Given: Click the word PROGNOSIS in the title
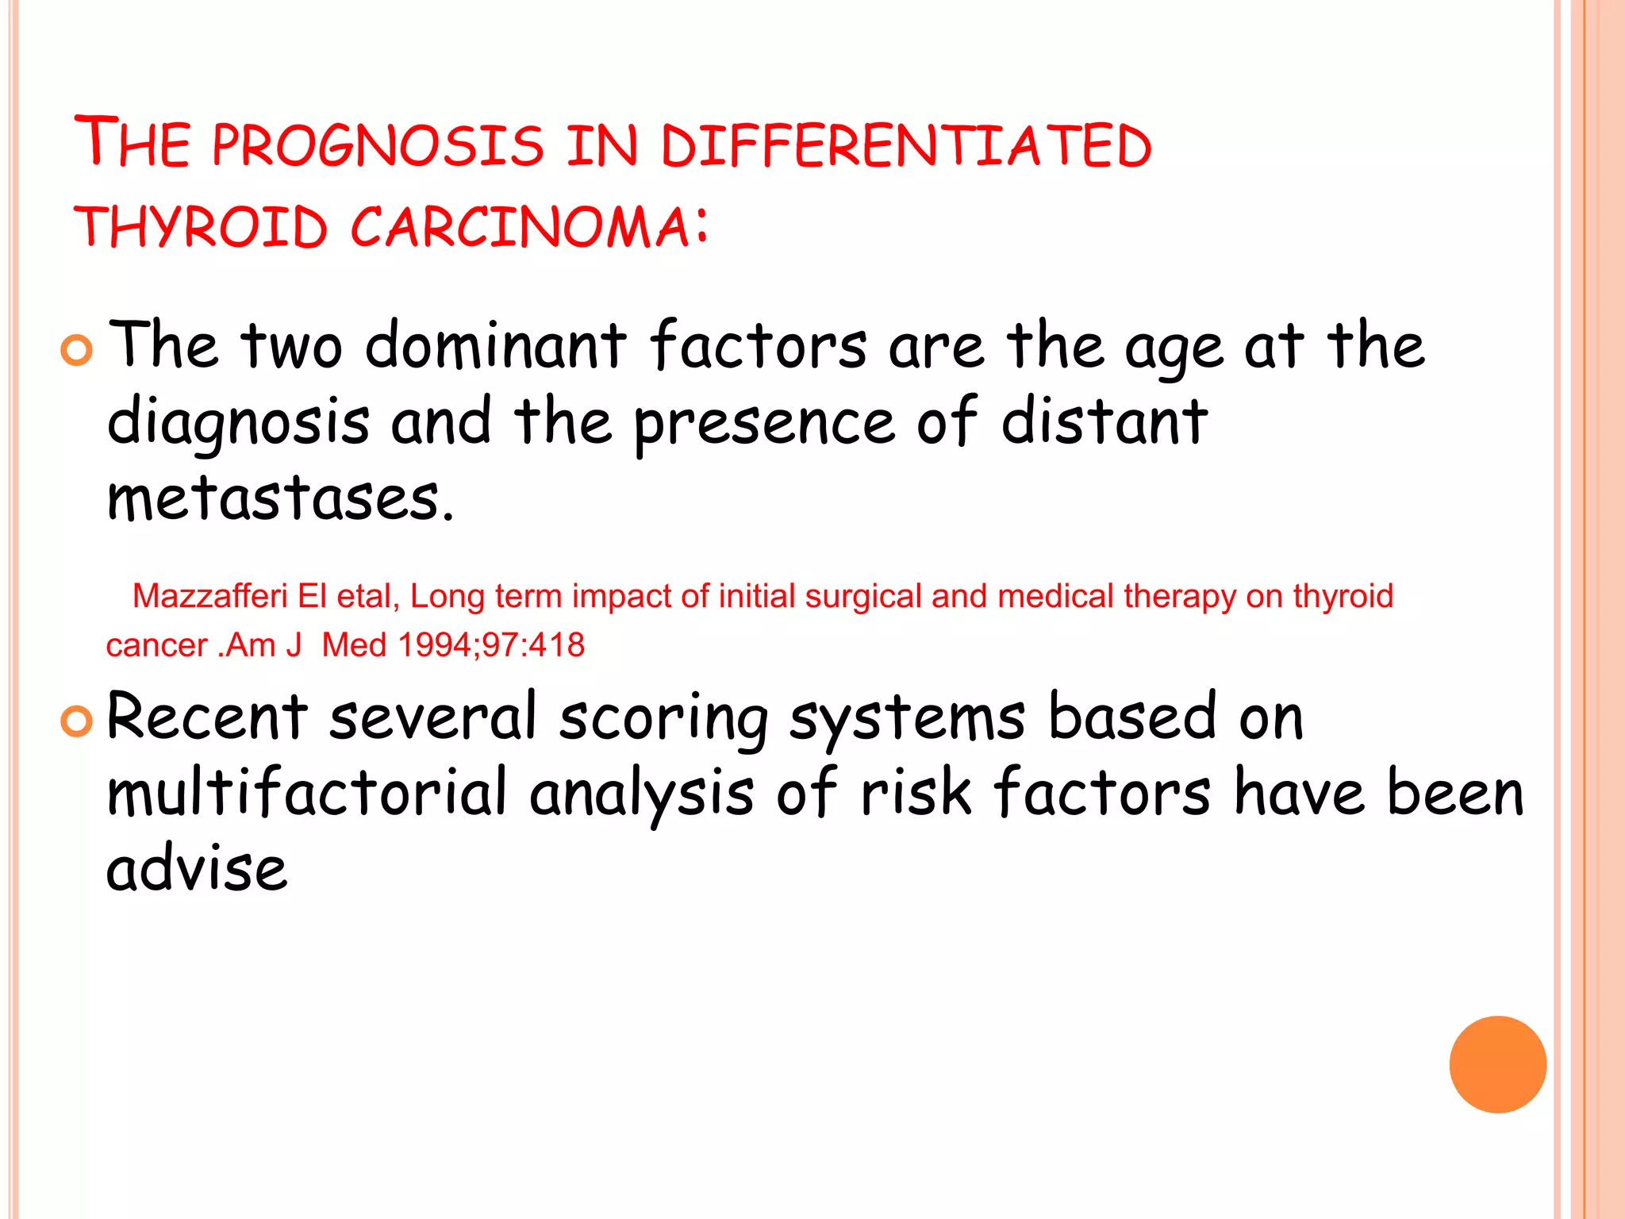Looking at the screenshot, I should (378, 146).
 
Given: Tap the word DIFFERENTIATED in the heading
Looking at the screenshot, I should (905, 146).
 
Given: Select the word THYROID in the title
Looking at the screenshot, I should (201, 227).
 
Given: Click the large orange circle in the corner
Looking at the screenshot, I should (1497, 1064).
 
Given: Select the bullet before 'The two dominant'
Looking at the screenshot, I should (77, 350).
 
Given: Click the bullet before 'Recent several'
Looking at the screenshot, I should (77, 721).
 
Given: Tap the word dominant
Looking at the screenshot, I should (495, 346).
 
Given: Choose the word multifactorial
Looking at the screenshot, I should (306, 792).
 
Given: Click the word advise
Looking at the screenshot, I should (196, 869).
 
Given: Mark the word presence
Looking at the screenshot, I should (763, 424).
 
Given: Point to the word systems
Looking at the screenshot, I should (907, 718).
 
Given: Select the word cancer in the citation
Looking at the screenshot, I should (156, 645).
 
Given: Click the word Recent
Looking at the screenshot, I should (206, 717).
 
